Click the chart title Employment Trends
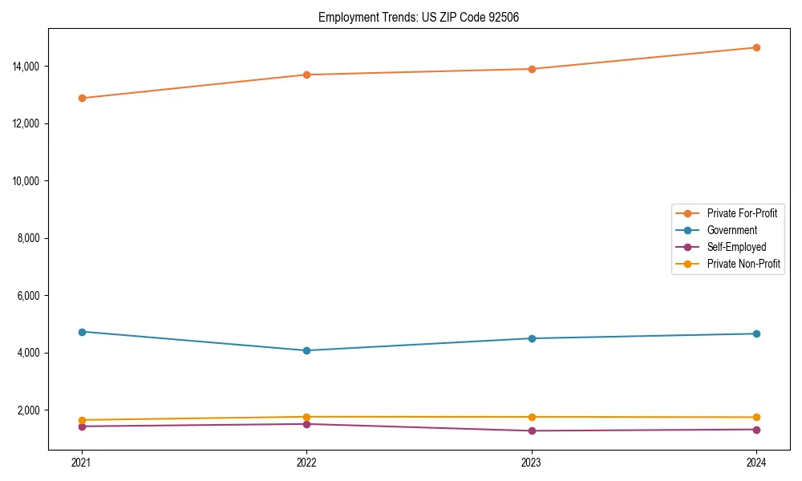[x=419, y=17]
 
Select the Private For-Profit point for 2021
[x=82, y=98]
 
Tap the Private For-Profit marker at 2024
[x=756, y=47]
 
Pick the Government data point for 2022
[x=306, y=350]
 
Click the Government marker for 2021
[x=82, y=331]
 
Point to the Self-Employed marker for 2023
[x=532, y=430]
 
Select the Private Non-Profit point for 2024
[x=756, y=417]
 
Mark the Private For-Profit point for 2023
[x=532, y=69]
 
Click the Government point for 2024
[x=756, y=333]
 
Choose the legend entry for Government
[x=731, y=230]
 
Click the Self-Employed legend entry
[x=736, y=247]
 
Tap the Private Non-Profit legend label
[x=743, y=264]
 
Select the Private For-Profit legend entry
[x=741, y=213]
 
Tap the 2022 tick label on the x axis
[x=306, y=462]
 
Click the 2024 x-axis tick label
[x=756, y=462]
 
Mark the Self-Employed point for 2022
[x=306, y=424]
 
